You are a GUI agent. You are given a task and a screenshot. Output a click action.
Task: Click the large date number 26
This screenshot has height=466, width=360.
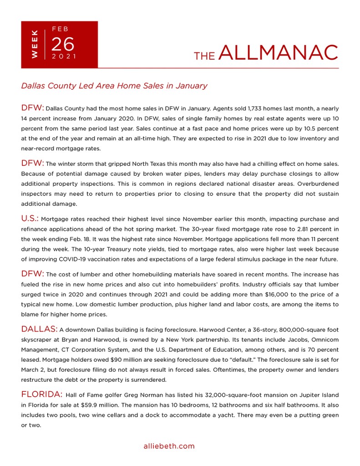62,44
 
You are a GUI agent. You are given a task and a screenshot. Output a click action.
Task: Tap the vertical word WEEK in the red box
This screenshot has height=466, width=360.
35,44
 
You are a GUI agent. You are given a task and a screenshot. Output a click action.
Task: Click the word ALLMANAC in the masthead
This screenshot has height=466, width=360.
279,53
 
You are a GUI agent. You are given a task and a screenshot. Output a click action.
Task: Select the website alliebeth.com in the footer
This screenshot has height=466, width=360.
169,446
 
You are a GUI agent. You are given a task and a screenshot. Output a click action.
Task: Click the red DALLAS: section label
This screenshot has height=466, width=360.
39,329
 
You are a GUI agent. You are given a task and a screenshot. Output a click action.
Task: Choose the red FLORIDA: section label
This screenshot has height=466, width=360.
42,394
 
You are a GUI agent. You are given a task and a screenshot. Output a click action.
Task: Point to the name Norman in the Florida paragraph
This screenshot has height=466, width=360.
153,395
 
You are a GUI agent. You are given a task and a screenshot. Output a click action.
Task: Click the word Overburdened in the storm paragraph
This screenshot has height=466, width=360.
315,184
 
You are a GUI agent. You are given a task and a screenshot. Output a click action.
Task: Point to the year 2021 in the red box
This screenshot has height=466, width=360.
64,56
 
